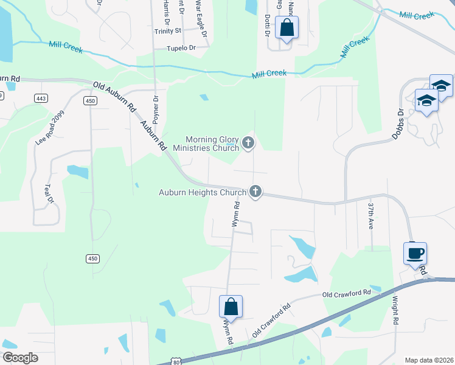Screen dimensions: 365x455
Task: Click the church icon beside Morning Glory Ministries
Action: (x=248, y=144)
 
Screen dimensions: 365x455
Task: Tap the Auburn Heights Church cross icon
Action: (x=255, y=192)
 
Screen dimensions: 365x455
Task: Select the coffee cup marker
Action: (x=415, y=253)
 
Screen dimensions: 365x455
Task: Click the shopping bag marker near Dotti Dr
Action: (x=287, y=27)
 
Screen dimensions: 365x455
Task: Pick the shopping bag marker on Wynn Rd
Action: (x=231, y=306)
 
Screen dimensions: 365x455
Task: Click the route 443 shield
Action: (x=41, y=98)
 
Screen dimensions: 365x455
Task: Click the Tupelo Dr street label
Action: (x=182, y=47)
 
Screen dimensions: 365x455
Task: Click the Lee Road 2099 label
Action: (x=50, y=128)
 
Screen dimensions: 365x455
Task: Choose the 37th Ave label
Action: (x=370, y=215)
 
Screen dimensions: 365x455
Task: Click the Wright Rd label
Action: (x=395, y=310)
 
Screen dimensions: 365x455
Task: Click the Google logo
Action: (x=20, y=358)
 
